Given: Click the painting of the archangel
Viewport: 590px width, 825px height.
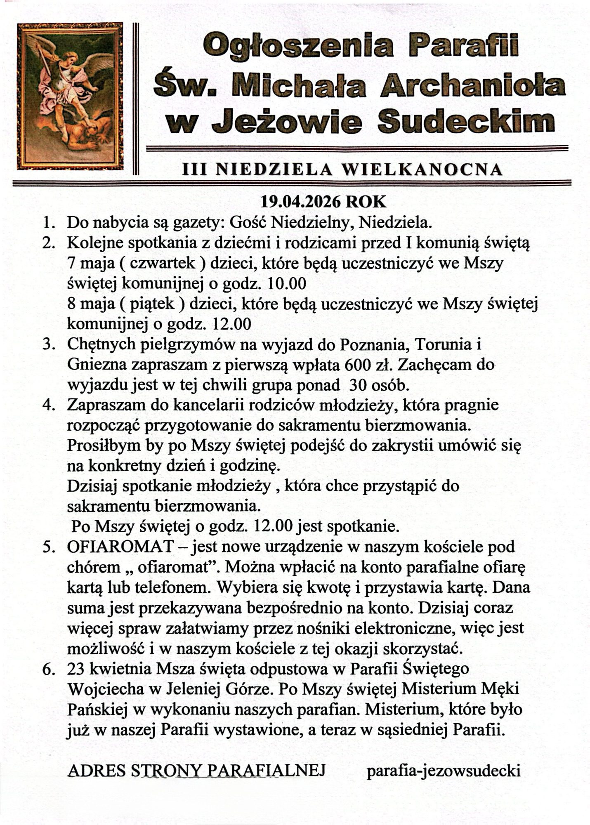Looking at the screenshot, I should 70,96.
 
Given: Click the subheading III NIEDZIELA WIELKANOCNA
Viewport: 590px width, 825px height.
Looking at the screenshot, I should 343,170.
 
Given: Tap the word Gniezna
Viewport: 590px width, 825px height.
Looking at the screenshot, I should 97,365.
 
